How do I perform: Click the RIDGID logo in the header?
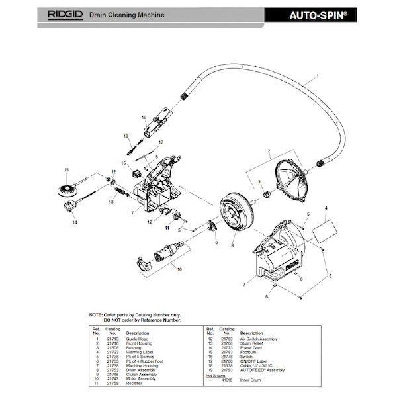pyautogui.click(x=67, y=13)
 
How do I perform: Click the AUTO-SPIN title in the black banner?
pyautogui.click(x=318, y=13)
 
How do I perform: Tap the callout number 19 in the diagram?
pyautogui.click(x=144, y=117)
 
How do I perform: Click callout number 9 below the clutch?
pyautogui.click(x=216, y=243)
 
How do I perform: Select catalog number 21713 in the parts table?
pyautogui.click(x=112, y=339)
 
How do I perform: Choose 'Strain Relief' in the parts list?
pyautogui.click(x=253, y=343)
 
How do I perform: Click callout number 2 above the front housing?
pyautogui.click(x=269, y=152)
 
